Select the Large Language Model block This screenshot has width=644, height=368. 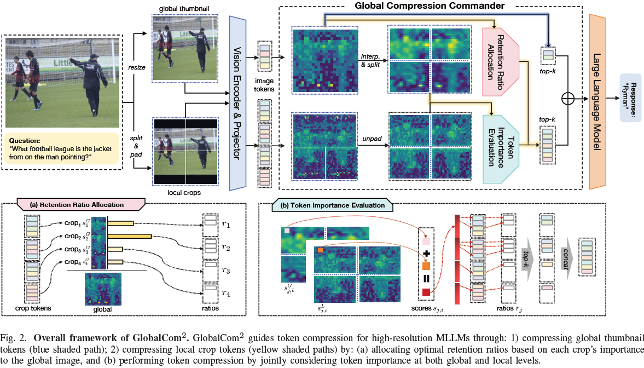point(599,102)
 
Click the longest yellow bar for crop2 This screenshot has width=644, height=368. point(130,236)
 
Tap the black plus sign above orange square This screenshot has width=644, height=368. point(426,254)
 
